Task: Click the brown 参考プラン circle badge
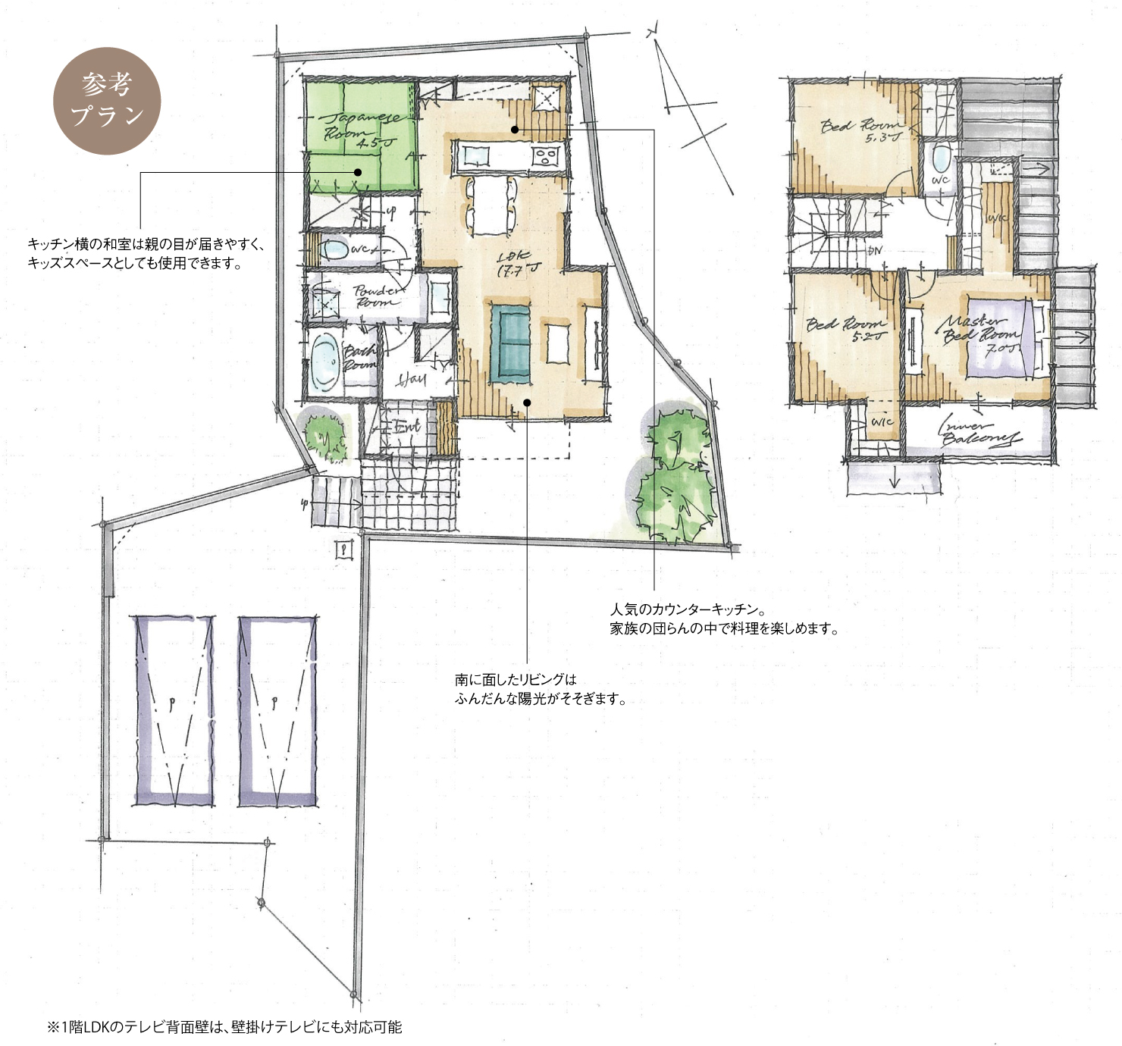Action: coord(107,101)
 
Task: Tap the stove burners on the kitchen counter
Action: coord(544,157)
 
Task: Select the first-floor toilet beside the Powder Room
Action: coord(334,249)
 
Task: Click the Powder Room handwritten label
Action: coord(376,296)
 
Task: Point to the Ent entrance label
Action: coord(406,427)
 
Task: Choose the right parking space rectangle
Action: coord(277,710)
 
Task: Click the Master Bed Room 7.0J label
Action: coord(980,334)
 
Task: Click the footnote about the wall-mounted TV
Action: coord(224,1027)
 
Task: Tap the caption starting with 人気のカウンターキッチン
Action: coord(724,619)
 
